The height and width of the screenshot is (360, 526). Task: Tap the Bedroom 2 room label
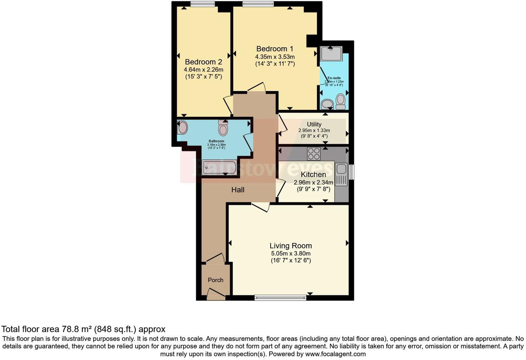pos(203,62)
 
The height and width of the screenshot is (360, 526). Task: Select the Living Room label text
pos(291,246)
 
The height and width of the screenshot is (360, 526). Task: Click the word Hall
pos(238,190)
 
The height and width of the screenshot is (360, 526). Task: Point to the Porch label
pos(216,280)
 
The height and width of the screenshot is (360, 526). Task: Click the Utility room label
pos(314,124)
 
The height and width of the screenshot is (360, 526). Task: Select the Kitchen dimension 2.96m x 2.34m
pos(314,182)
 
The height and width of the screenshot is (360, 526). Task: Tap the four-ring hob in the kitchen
pos(314,154)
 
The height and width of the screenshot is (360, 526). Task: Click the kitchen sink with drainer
pos(341,174)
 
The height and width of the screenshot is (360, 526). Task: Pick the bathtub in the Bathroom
pos(219,168)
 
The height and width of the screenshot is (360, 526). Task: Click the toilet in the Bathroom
pos(223,128)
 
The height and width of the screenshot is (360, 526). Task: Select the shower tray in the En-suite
pos(331,53)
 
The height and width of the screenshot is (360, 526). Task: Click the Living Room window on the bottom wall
pos(280,297)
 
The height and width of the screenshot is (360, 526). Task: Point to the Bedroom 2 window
pos(202,4)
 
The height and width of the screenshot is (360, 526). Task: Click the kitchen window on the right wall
pos(352,172)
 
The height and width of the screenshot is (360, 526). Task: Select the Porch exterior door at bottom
pos(216,295)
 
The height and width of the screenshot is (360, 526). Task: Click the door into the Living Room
pos(260,207)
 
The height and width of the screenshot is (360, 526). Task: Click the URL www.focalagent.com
pos(335,354)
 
